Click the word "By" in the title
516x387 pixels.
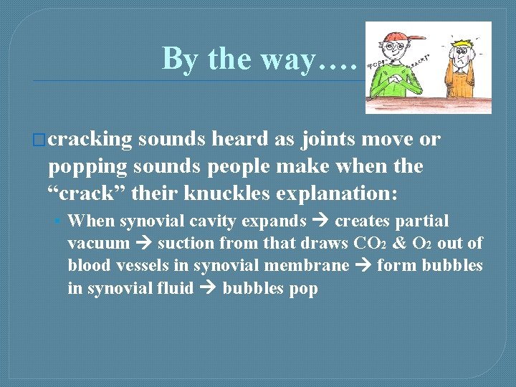coord(181,58)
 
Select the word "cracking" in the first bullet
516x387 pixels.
coord(91,139)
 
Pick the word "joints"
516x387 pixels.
coord(332,139)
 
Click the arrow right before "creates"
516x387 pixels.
coord(320,221)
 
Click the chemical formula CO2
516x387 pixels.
coord(372,244)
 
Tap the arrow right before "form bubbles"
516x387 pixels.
coord(363,266)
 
